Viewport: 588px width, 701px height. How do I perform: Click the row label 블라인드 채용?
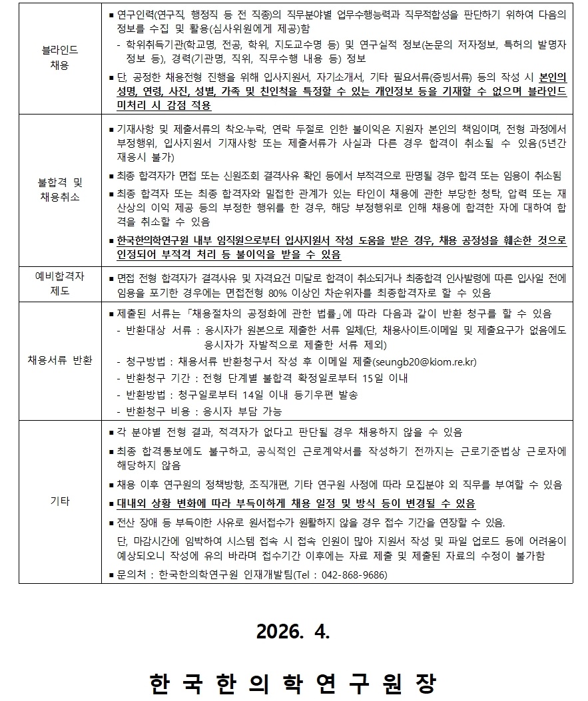tap(59, 59)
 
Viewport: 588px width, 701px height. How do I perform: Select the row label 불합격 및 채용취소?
tap(59, 190)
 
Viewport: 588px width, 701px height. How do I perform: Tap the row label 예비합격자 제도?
tap(59, 284)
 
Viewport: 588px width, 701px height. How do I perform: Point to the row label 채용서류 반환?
tap(59, 361)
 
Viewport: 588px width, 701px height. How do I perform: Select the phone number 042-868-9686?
tap(354, 575)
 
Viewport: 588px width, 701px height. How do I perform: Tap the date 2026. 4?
tap(293, 632)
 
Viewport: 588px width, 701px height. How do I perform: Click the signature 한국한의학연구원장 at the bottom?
tap(293, 684)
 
